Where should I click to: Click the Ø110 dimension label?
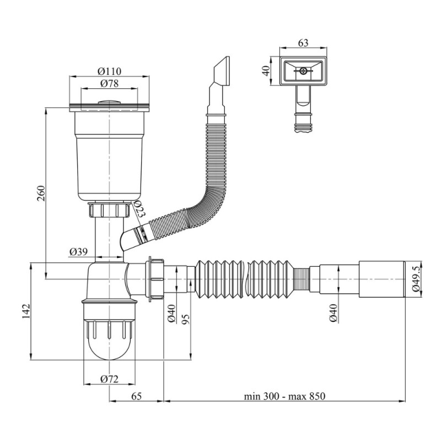click(109, 71)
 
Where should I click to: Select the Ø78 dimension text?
click(109, 83)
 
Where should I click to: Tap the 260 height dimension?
click(41, 193)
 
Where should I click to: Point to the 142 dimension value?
click(26, 311)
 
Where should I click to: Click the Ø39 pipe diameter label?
click(78, 251)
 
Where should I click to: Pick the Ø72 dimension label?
click(109, 379)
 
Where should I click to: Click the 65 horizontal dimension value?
click(136, 396)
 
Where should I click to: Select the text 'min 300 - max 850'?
click(284, 396)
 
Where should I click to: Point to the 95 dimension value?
click(186, 319)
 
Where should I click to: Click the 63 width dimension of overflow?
click(303, 43)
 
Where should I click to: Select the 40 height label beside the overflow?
click(266, 71)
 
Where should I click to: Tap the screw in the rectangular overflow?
click(303, 71)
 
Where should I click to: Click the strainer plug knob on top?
click(109, 103)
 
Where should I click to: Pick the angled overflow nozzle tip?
click(222, 71)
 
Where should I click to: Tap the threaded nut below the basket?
click(109, 210)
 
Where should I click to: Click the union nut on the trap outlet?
click(155, 279)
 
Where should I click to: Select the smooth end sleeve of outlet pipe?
click(382, 279)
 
